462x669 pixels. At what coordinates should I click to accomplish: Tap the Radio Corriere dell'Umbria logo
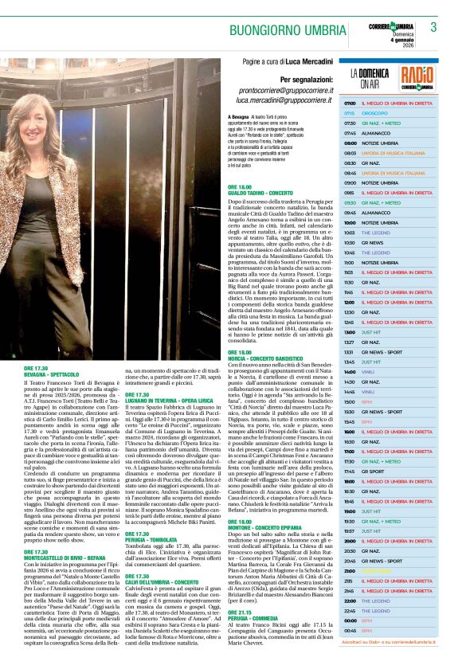pyautogui.click(x=417, y=77)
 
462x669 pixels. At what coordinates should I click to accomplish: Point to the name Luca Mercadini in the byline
pyautogui.click(x=310, y=61)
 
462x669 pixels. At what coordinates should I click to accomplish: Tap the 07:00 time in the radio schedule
pyautogui.click(x=350, y=104)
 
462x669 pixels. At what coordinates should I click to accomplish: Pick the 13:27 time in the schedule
pyautogui.click(x=350, y=342)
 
